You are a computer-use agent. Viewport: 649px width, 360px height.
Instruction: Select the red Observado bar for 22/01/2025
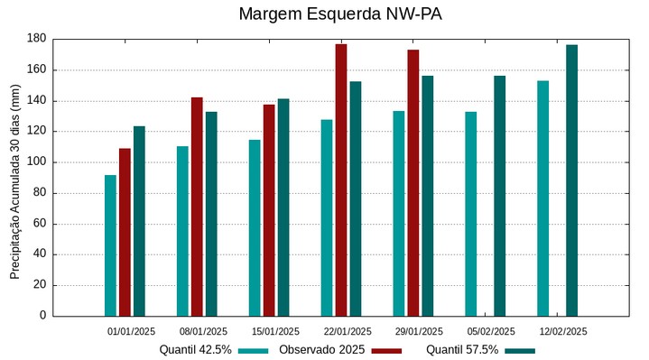tap(341, 180)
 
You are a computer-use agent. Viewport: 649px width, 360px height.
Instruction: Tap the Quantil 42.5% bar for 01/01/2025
tap(110, 245)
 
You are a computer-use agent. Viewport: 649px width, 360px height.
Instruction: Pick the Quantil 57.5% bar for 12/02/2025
tap(571, 180)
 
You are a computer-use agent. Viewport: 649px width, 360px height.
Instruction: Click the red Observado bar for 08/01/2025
tap(197, 207)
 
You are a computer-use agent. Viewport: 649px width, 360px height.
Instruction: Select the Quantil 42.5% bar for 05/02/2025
tap(470, 214)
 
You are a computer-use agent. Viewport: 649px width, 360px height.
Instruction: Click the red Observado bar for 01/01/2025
tap(125, 232)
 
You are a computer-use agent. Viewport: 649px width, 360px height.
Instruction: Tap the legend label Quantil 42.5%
tap(195, 350)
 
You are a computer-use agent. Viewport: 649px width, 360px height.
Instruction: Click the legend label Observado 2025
tap(321, 350)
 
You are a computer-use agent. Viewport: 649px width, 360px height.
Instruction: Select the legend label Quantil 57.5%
tap(462, 350)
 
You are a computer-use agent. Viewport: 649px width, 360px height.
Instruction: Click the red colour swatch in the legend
tap(386, 351)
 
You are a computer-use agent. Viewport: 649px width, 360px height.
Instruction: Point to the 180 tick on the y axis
tap(37, 39)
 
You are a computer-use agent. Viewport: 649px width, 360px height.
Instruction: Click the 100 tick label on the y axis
tap(37, 162)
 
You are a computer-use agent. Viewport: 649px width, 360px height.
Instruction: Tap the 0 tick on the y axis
tap(42, 316)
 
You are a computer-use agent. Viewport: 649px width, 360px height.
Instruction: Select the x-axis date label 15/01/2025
tap(276, 331)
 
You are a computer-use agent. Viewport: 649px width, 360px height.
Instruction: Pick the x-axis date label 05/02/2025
tap(491, 331)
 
